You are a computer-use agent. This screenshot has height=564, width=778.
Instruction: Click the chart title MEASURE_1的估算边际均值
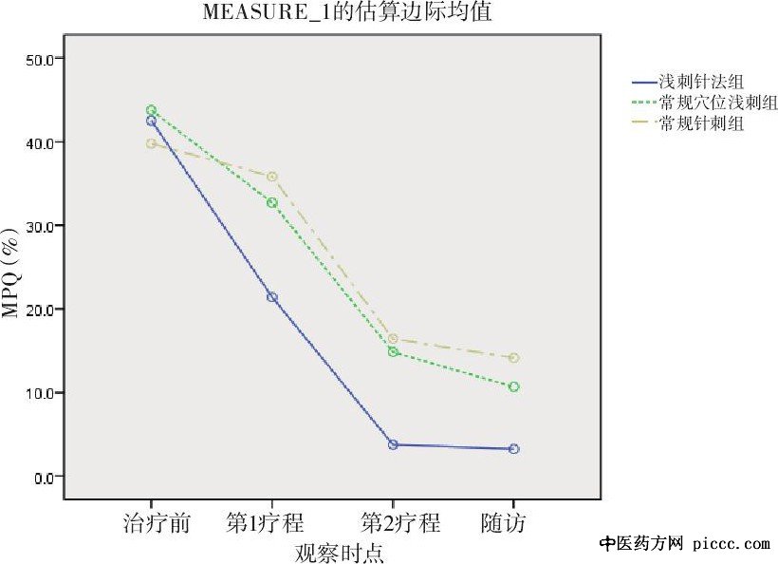pyautogui.click(x=347, y=13)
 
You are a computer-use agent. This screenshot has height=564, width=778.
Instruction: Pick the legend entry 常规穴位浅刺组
pyautogui.click(x=706, y=103)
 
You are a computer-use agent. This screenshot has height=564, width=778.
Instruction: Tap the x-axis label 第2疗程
pyautogui.click(x=400, y=523)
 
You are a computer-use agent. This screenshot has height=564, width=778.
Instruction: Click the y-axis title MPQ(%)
pyautogui.click(x=12, y=272)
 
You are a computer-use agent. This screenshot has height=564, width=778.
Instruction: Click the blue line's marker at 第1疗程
pyautogui.click(x=272, y=297)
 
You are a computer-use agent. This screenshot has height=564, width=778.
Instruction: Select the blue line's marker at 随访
pyautogui.click(x=513, y=448)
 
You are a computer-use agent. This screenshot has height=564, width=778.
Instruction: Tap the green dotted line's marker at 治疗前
pyautogui.click(x=151, y=110)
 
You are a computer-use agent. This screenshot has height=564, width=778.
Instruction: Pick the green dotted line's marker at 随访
pyautogui.click(x=513, y=386)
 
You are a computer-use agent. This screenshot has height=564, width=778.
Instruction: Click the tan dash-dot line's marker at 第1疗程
pyautogui.click(x=272, y=177)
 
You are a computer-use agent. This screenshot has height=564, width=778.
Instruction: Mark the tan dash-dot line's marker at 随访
pyautogui.click(x=513, y=358)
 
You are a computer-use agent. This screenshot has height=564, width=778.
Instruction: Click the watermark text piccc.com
pyautogui.click(x=732, y=544)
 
